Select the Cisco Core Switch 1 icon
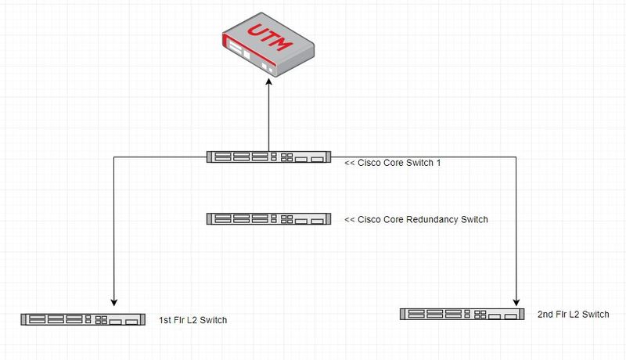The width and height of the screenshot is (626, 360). click(x=268, y=157)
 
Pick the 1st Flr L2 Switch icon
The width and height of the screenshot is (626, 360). click(x=84, y=319)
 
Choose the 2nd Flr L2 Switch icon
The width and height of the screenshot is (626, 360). click(x=462, y=314)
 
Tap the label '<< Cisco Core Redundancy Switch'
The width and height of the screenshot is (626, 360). click(x=416, y=219)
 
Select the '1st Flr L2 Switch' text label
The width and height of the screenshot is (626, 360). click(x=192, y=320)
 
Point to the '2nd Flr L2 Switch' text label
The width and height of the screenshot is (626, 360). click(x=573, y=314)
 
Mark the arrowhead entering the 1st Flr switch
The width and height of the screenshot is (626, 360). click(x=114, y=301)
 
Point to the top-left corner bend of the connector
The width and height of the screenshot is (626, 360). click(x=114, y=157)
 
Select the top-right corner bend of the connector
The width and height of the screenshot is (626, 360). click(x=516, y=157)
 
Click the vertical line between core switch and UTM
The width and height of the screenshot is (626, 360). click(x=268, y=117)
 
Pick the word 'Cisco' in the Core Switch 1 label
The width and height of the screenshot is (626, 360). click(x=369, y=164)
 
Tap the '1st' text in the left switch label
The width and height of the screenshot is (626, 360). click(x=165, y=320)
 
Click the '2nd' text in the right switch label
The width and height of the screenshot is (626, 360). click(x=546, y=314)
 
